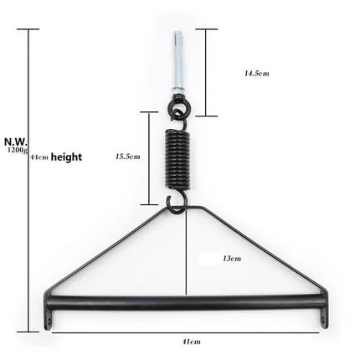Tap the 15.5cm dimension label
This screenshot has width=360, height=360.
tap(127, 156)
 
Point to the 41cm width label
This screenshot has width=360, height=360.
tap(192, 342)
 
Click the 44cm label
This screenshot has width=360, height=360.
tap(39, 157)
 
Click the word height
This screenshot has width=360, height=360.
tap(66, 157)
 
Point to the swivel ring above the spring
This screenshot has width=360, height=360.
tap(177, 109)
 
